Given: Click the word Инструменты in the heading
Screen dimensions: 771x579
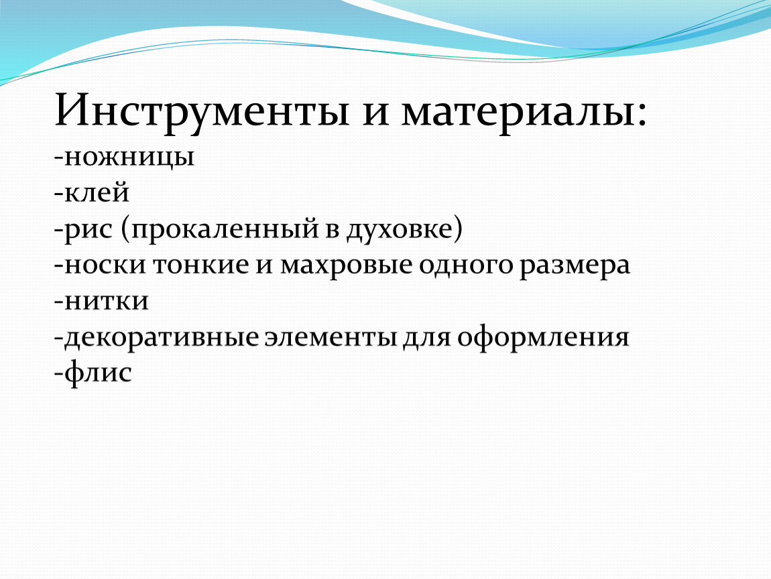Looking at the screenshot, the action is [x=202, y=111].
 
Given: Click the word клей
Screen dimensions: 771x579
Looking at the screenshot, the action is [x=97, y=192].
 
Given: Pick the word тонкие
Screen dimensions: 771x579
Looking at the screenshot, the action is [x=201, y=265].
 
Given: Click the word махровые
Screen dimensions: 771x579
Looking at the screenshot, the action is [x=346, y=265].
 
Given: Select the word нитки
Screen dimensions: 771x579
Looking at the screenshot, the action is [x=107, y=301].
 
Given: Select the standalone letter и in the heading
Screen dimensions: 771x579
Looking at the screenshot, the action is [x=375, y=117].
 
